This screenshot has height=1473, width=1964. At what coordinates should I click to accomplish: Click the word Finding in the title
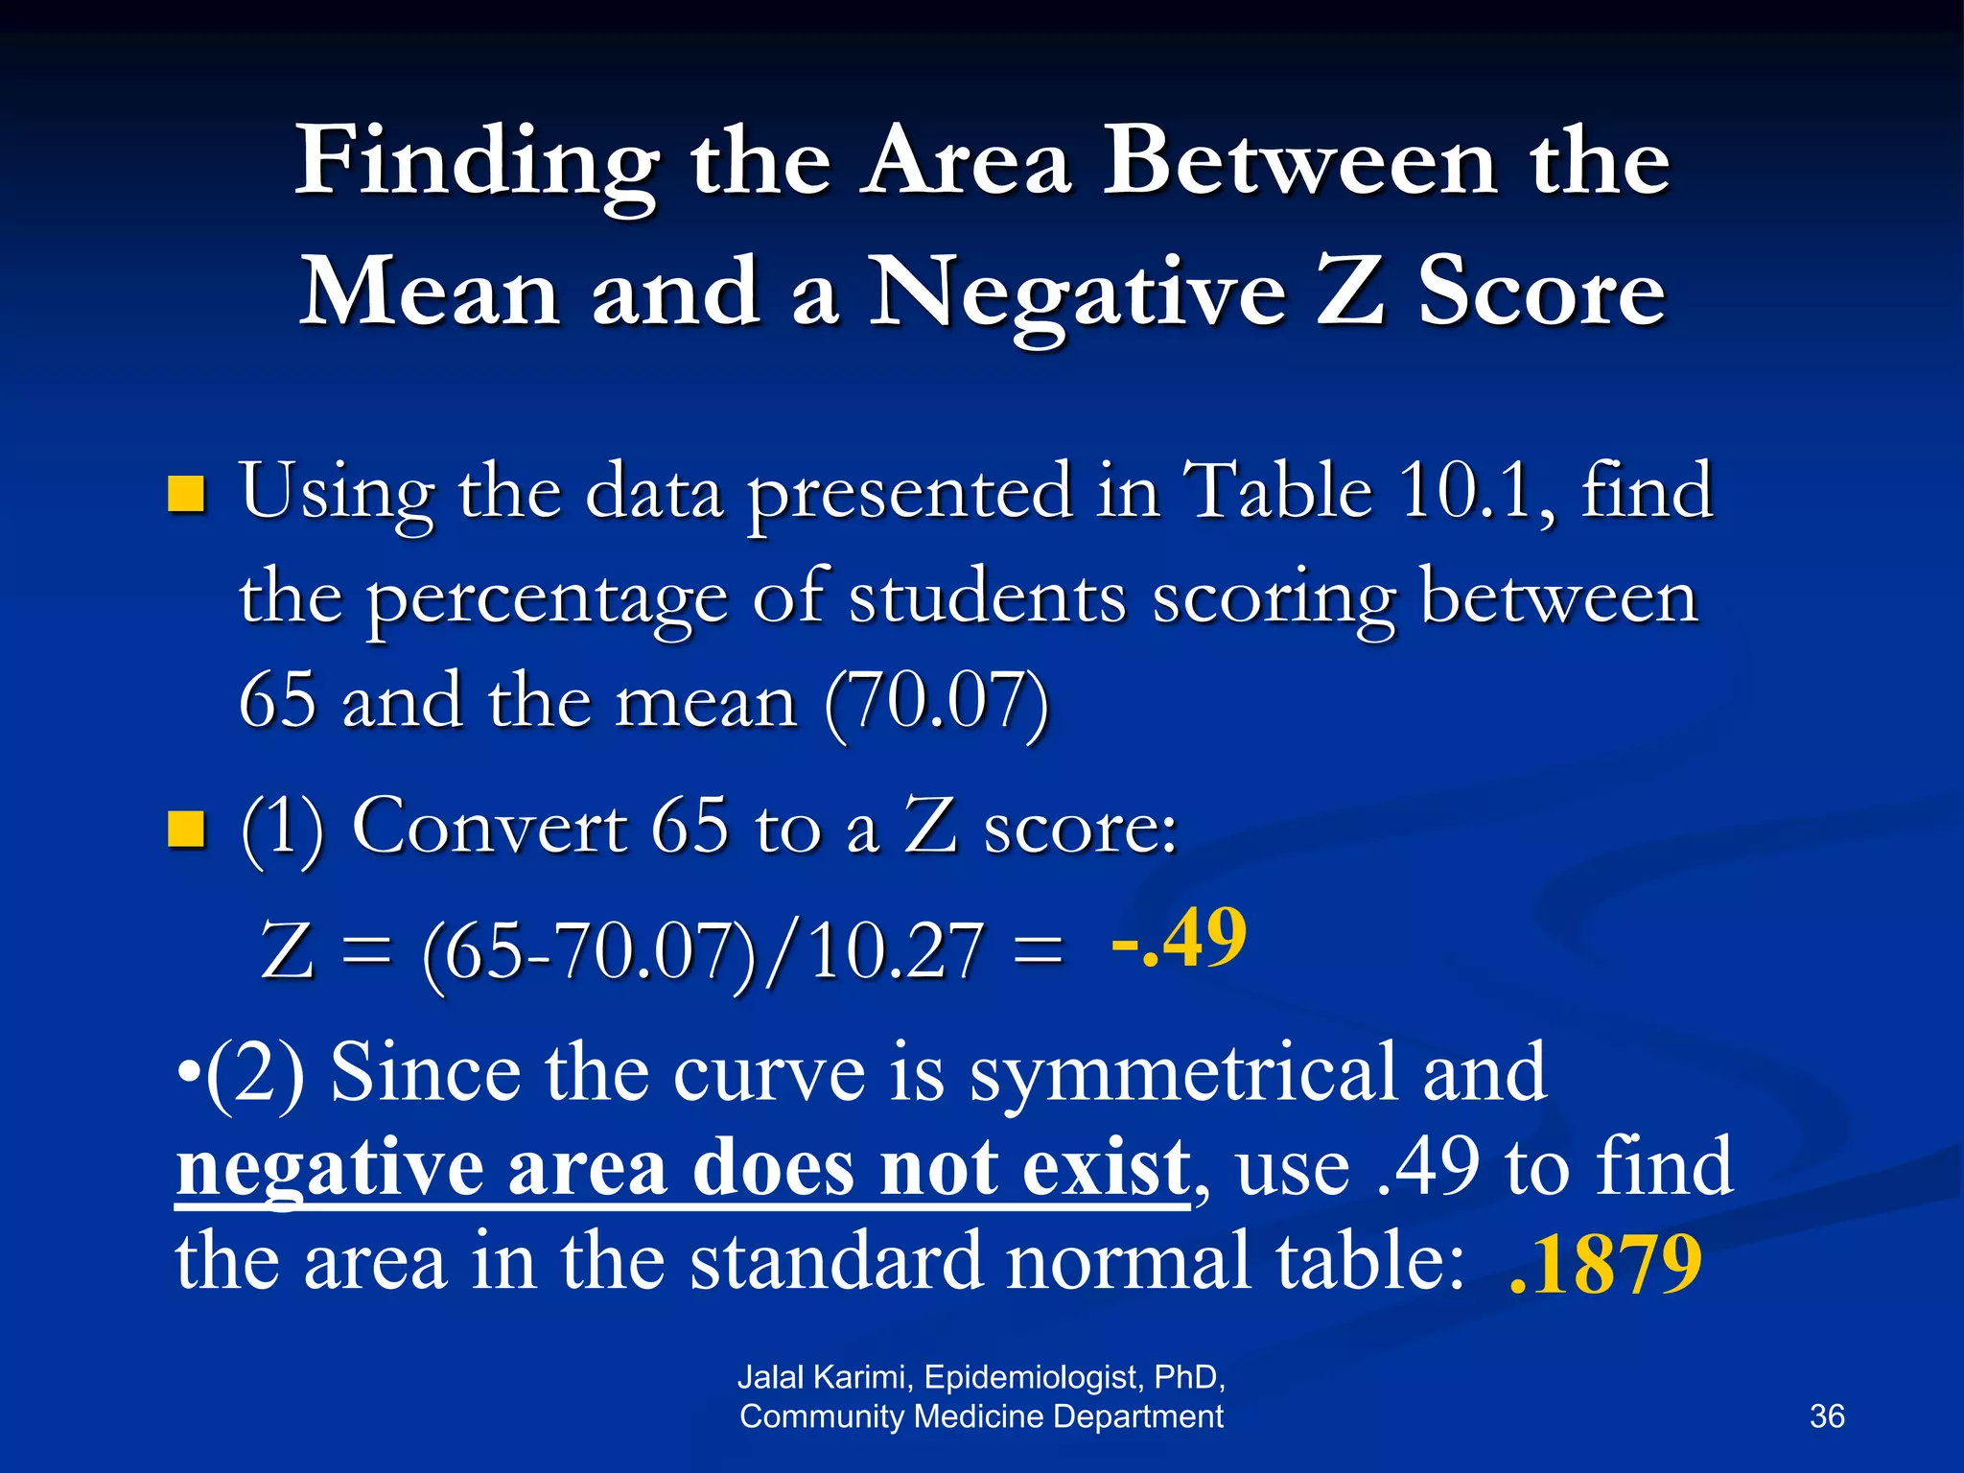477,163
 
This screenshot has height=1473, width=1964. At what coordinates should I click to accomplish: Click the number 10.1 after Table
1462,491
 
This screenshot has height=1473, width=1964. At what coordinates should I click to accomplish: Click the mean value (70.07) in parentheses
936,703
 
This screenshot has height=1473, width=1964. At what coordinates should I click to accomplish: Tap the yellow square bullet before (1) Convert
187,830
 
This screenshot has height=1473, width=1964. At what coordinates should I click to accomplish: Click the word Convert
489,827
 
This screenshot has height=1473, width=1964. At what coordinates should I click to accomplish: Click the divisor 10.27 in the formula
897,952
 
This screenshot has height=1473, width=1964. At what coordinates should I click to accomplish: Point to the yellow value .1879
1604,1265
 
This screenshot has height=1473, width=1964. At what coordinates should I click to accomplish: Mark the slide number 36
1826,1416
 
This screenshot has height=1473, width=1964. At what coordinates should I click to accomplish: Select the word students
987,597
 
